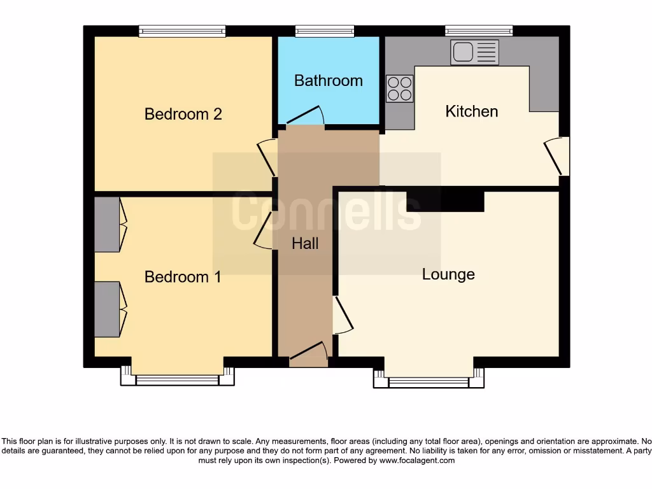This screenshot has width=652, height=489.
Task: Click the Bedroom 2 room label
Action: click(183, 114)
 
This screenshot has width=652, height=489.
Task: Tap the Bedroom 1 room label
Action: click(183, 277)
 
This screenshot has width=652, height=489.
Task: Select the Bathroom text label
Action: click(329, 81)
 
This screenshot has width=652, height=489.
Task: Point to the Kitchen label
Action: click(471, 111)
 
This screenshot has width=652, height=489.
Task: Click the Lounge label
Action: click(448, 274)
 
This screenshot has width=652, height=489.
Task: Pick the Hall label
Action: click(305, 243)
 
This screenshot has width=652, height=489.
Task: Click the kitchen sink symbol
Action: click(475, 52)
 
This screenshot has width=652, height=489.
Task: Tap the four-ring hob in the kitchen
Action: click(400, 89)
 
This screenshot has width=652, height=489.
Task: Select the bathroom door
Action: click(306, 117)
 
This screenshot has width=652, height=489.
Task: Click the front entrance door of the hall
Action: click(309, 353)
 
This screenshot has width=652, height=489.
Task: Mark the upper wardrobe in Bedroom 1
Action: click(107, 224)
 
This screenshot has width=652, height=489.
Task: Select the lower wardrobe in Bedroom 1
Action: click(107, 309)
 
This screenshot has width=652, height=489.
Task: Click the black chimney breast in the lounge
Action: click(445, 199)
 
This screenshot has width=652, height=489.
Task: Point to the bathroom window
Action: click(325, 31)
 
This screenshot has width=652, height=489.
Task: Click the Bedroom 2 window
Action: click(182, 31)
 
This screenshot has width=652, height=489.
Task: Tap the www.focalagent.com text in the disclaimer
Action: click(417, 460)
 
